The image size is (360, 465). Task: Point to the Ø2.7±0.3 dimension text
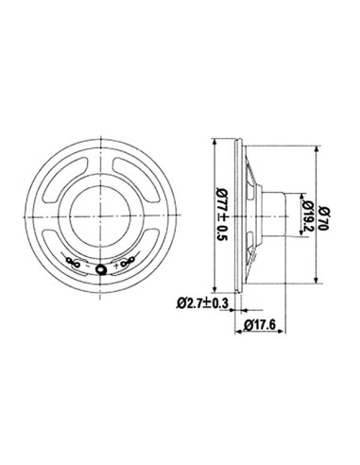(202, 303)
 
